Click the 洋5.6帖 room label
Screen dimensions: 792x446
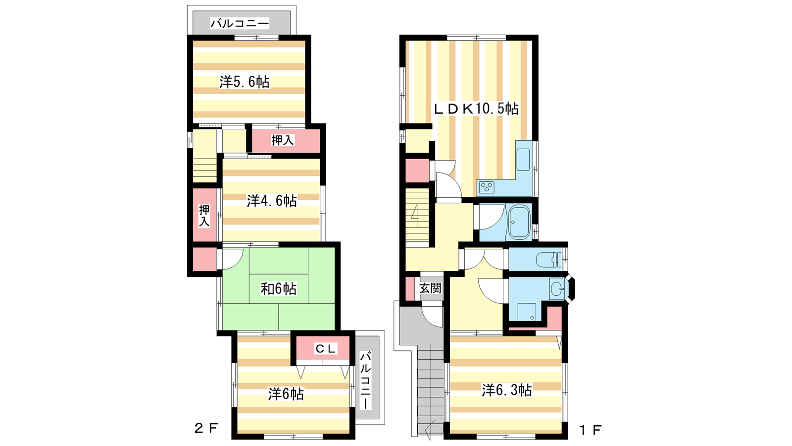pos(245,82)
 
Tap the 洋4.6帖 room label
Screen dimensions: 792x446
pos(272,201)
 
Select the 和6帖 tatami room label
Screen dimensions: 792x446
pos(278,289)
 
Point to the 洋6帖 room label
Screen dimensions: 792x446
pos(286,394)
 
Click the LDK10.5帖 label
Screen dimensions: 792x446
pos(476,109)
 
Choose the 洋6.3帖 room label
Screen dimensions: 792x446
pos(507,390)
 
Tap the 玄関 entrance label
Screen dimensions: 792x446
pos(430,288)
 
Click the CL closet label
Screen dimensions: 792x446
pos(325,349)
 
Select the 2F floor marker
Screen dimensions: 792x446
pos(206,428)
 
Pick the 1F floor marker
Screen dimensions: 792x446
pos(590,430)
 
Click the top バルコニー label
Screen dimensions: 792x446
pos(240,23)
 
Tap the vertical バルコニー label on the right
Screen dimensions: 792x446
pos(366,380)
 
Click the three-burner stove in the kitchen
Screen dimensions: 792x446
pos(487,187)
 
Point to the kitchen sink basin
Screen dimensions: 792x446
pos(523,160)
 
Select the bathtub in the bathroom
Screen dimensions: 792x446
pos(519,223)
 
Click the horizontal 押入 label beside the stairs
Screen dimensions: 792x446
pos(283,140)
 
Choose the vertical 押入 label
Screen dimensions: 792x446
pos(204,216)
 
